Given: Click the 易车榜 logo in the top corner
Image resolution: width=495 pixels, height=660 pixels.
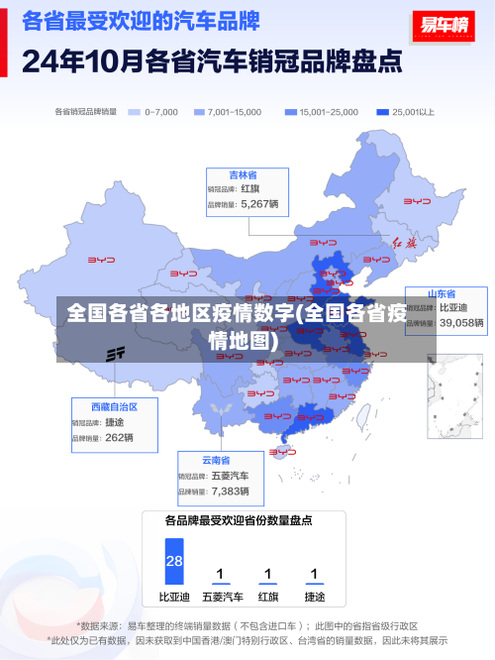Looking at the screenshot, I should coord(442,26).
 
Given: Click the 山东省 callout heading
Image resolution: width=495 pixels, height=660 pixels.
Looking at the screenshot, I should coord(442,294).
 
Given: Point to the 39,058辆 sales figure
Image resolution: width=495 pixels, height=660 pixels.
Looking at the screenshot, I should coord(461,322).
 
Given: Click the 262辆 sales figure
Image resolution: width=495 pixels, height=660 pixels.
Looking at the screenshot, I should coord(119,437).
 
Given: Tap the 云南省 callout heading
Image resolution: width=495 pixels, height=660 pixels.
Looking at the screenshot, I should coord(216,460).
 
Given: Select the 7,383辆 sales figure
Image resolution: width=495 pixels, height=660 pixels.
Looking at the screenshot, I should coord(231,491).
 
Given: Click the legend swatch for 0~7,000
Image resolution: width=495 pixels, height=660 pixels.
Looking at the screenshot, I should coord(134,112).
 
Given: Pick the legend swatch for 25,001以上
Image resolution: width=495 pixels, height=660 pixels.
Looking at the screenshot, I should coord(382,112).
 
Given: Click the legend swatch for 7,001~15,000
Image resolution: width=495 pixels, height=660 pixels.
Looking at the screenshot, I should coord(198,112).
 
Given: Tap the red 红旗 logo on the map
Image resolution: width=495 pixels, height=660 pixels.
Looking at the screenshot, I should coord(405,243).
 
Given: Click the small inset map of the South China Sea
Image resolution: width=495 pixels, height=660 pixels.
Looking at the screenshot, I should coord(453,395).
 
